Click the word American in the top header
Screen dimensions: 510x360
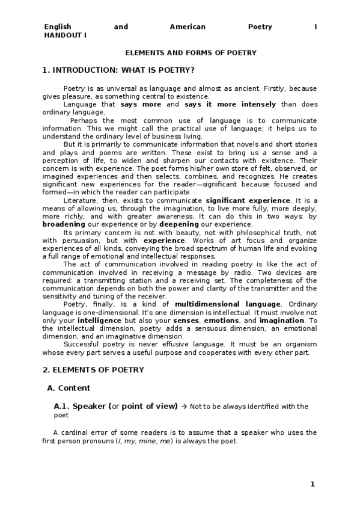pos(188,27)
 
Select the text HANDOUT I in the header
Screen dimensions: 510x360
pos(65,35)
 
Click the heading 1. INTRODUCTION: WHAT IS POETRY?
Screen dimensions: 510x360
pos(118,70)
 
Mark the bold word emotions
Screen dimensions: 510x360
pos(223,321)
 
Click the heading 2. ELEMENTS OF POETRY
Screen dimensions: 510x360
pos(93,369)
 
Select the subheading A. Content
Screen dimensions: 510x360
pos(69,388)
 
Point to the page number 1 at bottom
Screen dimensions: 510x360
pos(313,484)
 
